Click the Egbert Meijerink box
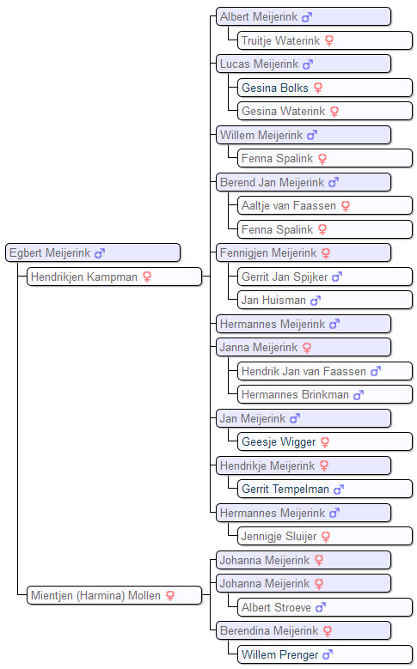click(93, 252)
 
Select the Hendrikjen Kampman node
click(114, 277)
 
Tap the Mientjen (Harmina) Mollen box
click(114, 595)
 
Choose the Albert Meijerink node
click(304, 16)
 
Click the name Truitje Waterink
click(280, 40)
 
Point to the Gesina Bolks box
click(325, 88)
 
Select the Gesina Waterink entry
click(325, 112)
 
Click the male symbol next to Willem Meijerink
click(312, 135)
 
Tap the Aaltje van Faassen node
click(325, 205)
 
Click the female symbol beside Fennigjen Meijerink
click(326, 253)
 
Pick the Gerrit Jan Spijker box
click(325, 277)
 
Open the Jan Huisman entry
click(325, 300)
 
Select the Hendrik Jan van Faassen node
click(325, 371)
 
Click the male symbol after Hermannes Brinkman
click(358, 395)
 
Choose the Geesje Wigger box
click(325, 441)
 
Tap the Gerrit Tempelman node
click(325, 489)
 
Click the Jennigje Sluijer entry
click(325, 536)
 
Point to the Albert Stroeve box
click(325, 607)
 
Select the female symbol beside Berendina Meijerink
click(328, 631)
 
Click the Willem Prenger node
click(325, 654)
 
